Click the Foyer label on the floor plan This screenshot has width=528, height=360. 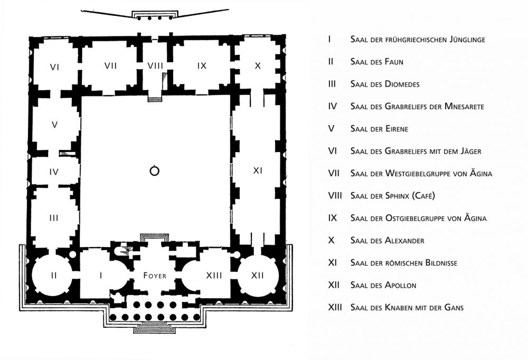click(x=155, y=276)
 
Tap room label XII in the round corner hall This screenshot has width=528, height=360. click(x=258, y=275)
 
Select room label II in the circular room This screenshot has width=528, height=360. click(x=53, y=275)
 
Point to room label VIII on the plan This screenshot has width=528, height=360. click(x=155, y=66)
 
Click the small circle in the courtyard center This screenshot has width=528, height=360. click(x=154, y=170)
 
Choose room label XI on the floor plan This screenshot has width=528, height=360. click(x=258, y=170)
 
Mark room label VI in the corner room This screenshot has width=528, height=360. click(x=54, y=67)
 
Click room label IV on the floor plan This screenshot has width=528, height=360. click(x=54, y=172)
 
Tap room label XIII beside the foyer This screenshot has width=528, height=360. click(x=214, y=275)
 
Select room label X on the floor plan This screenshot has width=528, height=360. click(x=258, y=66)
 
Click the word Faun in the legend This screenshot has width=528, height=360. click(x=393, y=62)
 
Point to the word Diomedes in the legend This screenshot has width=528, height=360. click(x=402, y=84)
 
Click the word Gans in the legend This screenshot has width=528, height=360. click(x=454, y=308)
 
